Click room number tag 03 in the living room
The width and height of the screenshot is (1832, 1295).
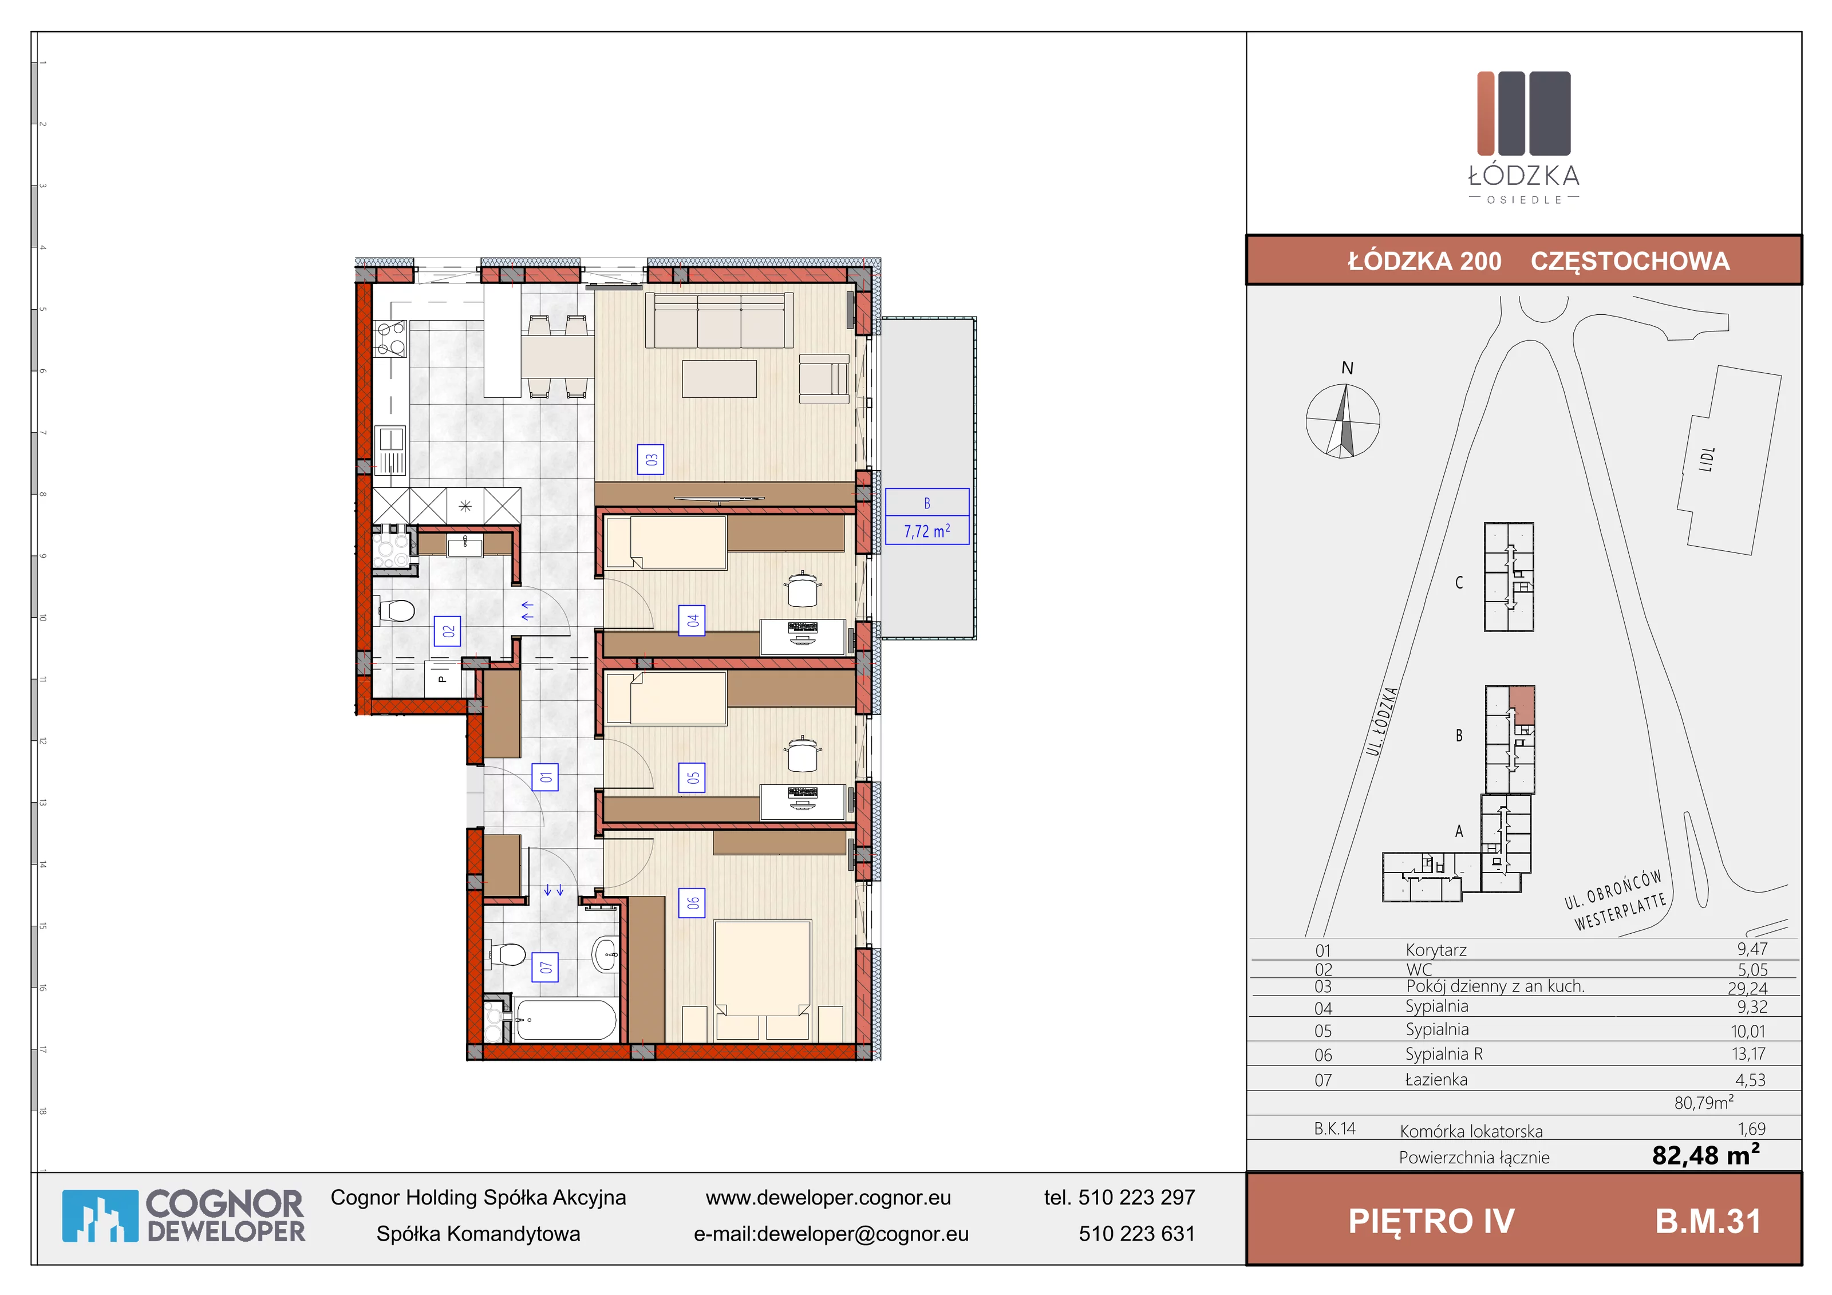[650, 460]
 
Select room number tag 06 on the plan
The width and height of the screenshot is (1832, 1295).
[692, 902]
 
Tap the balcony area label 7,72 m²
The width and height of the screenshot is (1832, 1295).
[927, 531]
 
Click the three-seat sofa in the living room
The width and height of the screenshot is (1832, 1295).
[720, 320]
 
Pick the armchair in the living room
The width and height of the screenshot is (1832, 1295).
[824, 379]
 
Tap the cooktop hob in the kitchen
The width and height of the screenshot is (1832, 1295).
[391, 338]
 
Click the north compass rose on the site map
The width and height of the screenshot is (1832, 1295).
[1343, 420]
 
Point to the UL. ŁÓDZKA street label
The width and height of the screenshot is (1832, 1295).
[1382, 721]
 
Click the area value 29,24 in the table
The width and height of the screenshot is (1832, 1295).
[1747, 988]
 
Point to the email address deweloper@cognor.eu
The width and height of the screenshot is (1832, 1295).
[863, 1234]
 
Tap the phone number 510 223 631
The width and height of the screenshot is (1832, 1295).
[1137, 1234]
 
